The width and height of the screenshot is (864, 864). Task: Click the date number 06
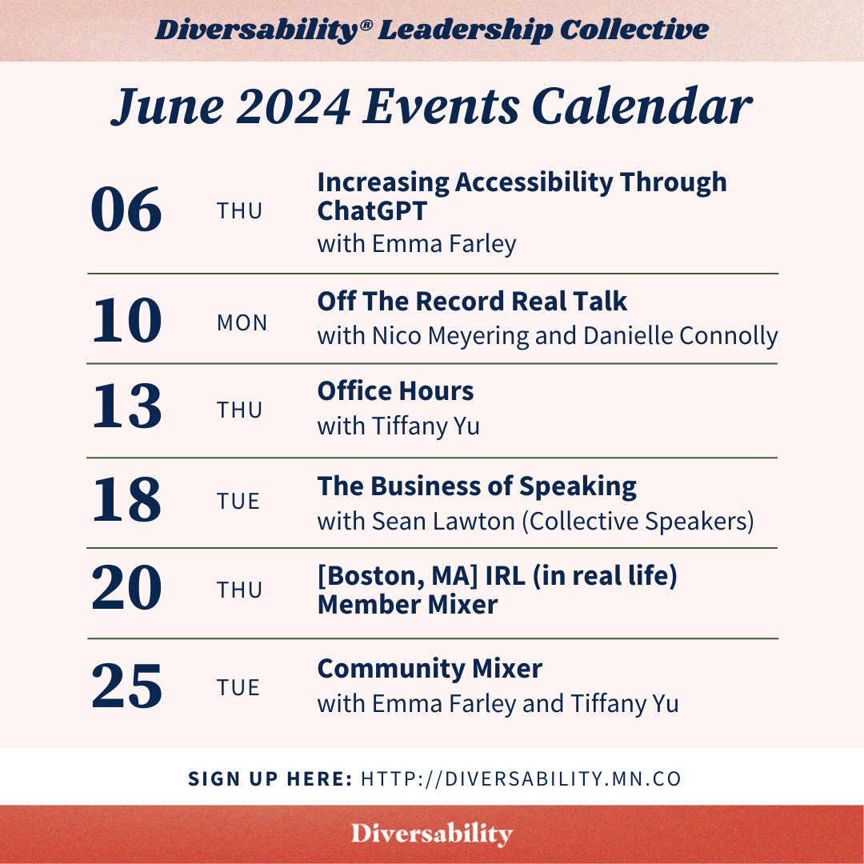pyautogui.click(x=126, y=210)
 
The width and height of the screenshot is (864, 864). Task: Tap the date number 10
pyautogui.click(x=126, y=321)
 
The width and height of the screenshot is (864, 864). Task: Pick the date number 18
pyautogui.click(x=126, y=500)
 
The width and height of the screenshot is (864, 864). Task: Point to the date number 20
pyautogui.click(x=126, y=590)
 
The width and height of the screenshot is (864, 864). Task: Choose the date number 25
pyautogui.click(x=126, y=687)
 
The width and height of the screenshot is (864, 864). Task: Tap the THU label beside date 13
pyautogui.click(x=239, y=410)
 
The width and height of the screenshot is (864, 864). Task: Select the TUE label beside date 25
pyautogui.click(x=238, y=688)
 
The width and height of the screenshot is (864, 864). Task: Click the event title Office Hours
pyautogui.click(x=395, y=391)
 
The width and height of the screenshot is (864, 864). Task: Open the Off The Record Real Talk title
pyautogui.click(x=472, y=302)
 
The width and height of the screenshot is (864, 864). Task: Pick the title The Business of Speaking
pyautogui.click(x=477, y=486)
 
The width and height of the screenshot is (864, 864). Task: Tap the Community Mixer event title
pyautogui.click(x=430, y=668)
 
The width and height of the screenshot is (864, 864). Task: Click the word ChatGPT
pyautogui.click(x=372, y=211)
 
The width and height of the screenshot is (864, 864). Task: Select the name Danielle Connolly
pyautogui.click(x=680, y=335)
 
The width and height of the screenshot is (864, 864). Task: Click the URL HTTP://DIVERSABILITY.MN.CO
pyautogui.click(x=522, y=778)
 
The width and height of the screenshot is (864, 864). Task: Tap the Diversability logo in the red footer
pyautogui.click(x=432, y=834)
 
